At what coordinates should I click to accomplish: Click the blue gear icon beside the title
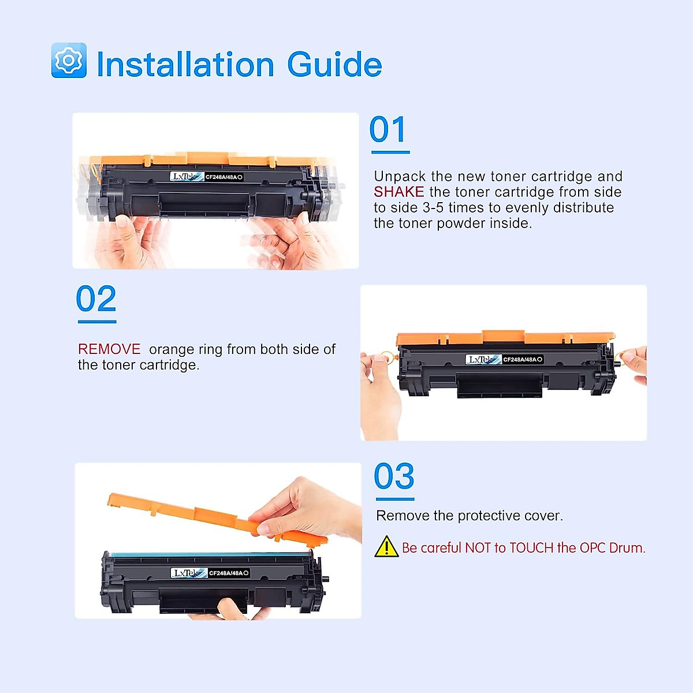pos(69,60)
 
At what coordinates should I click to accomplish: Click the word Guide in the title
pos(334,64)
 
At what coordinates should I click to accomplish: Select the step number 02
pos(96,298)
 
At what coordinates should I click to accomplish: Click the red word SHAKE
pos(399,192)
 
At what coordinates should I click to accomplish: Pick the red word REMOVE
pos(109,349)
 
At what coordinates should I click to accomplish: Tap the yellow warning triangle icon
pos(386,547)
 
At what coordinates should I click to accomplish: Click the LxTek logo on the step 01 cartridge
pos(187,176)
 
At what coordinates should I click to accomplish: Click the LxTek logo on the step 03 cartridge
pos(189,573)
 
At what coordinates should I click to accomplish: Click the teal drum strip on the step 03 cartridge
pos(210,554)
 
